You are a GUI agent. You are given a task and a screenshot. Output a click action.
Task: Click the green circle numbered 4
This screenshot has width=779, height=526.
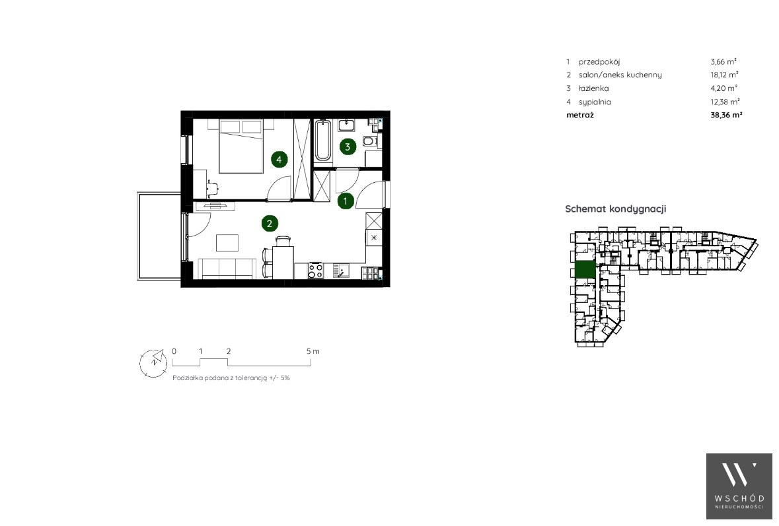point(279,159)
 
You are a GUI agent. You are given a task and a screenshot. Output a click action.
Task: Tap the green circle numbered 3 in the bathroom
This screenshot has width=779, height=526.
point(348,147)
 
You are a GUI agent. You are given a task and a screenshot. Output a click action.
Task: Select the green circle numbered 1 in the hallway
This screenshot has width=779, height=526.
point(346,201)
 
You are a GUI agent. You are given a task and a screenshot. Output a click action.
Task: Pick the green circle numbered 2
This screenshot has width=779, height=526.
point(270,224)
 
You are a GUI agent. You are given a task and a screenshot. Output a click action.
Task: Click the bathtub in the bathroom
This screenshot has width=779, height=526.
point(323,141)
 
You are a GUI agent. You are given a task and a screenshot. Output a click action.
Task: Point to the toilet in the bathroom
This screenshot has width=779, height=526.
point(371,141)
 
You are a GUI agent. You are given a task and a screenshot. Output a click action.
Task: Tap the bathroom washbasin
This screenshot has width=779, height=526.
point(346,124)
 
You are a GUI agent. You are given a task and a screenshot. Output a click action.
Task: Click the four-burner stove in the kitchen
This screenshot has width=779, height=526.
point(316,271)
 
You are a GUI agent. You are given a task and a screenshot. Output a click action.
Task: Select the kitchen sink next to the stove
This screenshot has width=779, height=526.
point(341,271)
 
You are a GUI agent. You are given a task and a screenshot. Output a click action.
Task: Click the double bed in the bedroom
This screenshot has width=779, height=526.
point(241,146)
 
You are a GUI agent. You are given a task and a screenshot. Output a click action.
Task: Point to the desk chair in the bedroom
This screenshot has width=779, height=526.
point(213,187)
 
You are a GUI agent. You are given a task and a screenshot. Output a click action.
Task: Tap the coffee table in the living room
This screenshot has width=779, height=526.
point(227,243)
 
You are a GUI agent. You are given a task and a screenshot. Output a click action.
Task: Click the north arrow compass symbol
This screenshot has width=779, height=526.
point(153,363)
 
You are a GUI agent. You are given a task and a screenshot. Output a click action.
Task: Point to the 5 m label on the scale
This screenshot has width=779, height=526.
point(313,351)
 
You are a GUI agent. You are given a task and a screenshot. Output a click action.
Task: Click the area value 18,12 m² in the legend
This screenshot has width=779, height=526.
point(724,75)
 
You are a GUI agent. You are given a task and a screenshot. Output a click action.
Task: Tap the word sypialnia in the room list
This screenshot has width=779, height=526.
point(595,102)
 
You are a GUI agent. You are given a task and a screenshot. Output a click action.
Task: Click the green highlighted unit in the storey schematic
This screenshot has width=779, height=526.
point(585,269)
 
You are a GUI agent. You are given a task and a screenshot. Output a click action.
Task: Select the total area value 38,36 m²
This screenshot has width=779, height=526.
point(726,115)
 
